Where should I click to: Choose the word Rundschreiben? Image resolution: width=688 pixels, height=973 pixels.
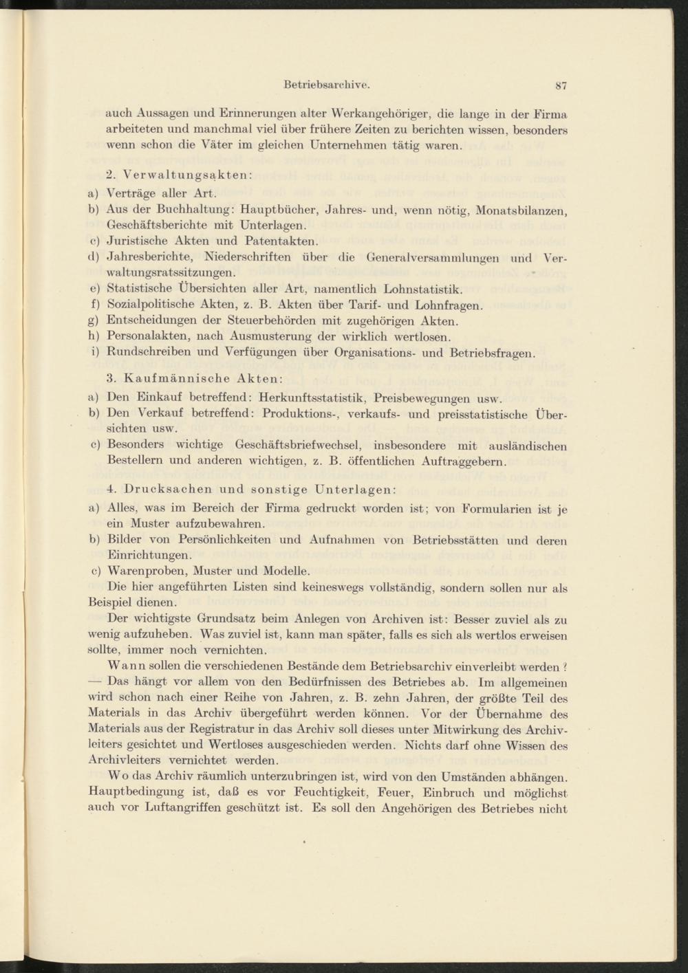(x=150, y=353)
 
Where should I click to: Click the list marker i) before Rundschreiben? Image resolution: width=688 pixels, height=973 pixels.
(x=94, y=353)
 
